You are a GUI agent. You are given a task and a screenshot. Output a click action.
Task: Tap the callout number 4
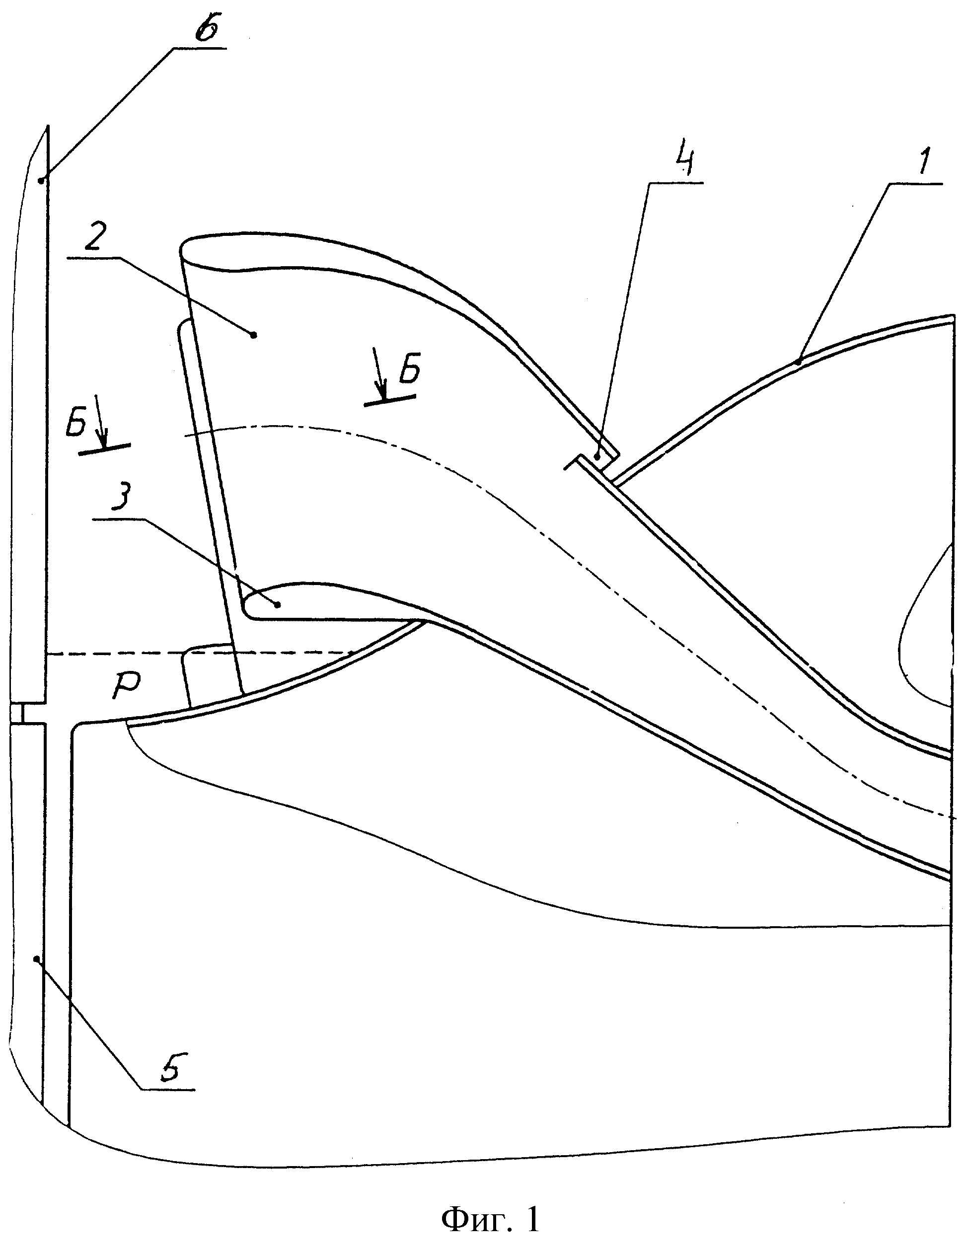(685, 163)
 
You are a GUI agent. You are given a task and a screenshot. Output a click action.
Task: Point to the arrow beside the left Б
(101, 419)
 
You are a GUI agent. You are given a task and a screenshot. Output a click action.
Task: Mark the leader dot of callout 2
(254, 334)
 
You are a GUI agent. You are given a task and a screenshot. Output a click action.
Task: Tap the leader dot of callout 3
(278, 604)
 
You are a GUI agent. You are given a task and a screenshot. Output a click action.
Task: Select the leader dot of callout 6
(40, 180)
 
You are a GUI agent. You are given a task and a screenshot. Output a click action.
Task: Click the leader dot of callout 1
(798, 361)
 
